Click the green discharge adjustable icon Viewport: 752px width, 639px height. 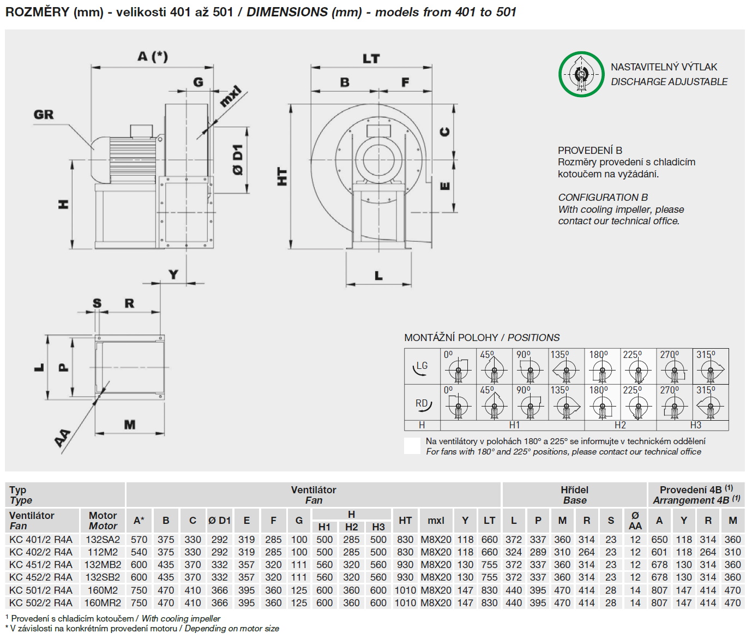pyautogui.click(x=581, y=74)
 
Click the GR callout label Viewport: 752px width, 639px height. pyautogui.click(x=44, y=115)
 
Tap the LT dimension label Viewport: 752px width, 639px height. pyautogui.click(x=371, y=59)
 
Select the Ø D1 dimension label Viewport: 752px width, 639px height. pyautogui.click(x=238, y=160)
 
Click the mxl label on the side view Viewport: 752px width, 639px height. pyautogui.click(x=231, y=96)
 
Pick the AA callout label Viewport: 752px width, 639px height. pyautogui.click(x=63, y=438)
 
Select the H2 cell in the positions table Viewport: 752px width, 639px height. pyautogui.click(x=620, y=425)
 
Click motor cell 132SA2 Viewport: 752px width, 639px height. pyautogui.click(x=103, y=539)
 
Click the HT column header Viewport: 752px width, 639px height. pyautogui.click(x=405, y=521)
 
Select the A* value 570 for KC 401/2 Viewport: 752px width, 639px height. pyautogui.click(x=139, y=539)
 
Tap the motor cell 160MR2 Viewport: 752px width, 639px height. pyautogui.click(x=103, y=603)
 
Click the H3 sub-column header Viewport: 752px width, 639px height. pyautogui.click(x=378, y=527)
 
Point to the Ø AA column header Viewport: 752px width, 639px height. pyautogui.click(x=635, y=521)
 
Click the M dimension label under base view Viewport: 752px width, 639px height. pyautogui.click(x=130, y=425)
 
